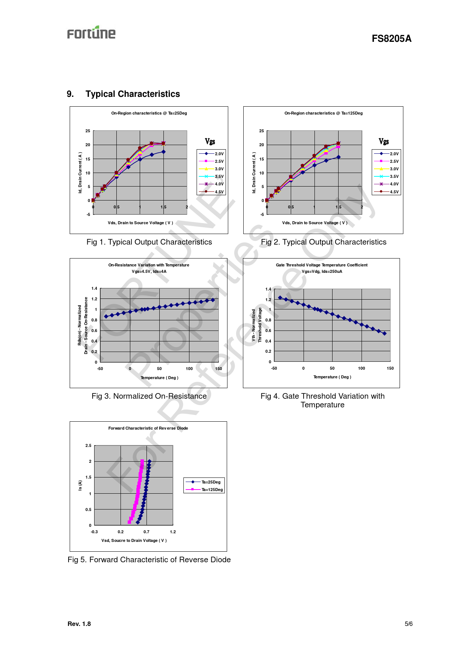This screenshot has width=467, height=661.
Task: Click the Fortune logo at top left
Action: pos(91,33)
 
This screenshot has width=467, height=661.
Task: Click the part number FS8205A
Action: pos(391,38)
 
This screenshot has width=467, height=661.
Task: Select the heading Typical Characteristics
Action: pos(133,94)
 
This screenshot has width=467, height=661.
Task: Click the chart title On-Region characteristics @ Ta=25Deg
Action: pos(149,113)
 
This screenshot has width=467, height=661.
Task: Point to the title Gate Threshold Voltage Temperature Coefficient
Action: pos(322,265)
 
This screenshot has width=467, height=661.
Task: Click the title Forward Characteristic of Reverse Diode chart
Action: pos(148,428)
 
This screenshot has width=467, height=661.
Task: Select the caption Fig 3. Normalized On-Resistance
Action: pos(149,396)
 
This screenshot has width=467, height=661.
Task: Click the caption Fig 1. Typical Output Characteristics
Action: pos(149,242)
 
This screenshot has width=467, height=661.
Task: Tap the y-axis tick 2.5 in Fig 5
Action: pos(88,445)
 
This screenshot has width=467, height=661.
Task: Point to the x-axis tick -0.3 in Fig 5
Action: pos(94,532)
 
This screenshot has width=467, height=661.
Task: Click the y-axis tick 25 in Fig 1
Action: pos(88,131)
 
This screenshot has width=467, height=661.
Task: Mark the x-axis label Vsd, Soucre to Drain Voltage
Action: pos(134,540)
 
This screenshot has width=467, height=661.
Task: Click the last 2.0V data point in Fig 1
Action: pos(163,152)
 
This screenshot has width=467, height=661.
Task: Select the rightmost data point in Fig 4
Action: pos(385,334)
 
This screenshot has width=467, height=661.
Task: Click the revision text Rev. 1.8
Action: pos(79,624)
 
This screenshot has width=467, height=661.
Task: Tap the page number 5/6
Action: pos(409,624)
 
